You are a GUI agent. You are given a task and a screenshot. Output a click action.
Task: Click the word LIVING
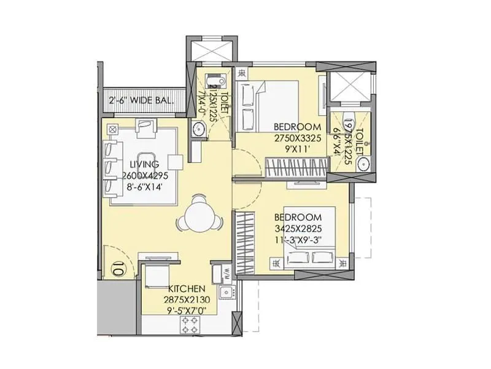coord(144,164)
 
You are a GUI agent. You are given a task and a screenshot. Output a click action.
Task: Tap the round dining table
coord(199,216)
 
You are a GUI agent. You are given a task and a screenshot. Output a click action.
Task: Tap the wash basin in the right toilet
coord(363,163)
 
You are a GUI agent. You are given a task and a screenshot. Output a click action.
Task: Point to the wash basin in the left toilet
coord(198,129)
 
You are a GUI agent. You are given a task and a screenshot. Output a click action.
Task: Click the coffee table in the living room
coord(146,163)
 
